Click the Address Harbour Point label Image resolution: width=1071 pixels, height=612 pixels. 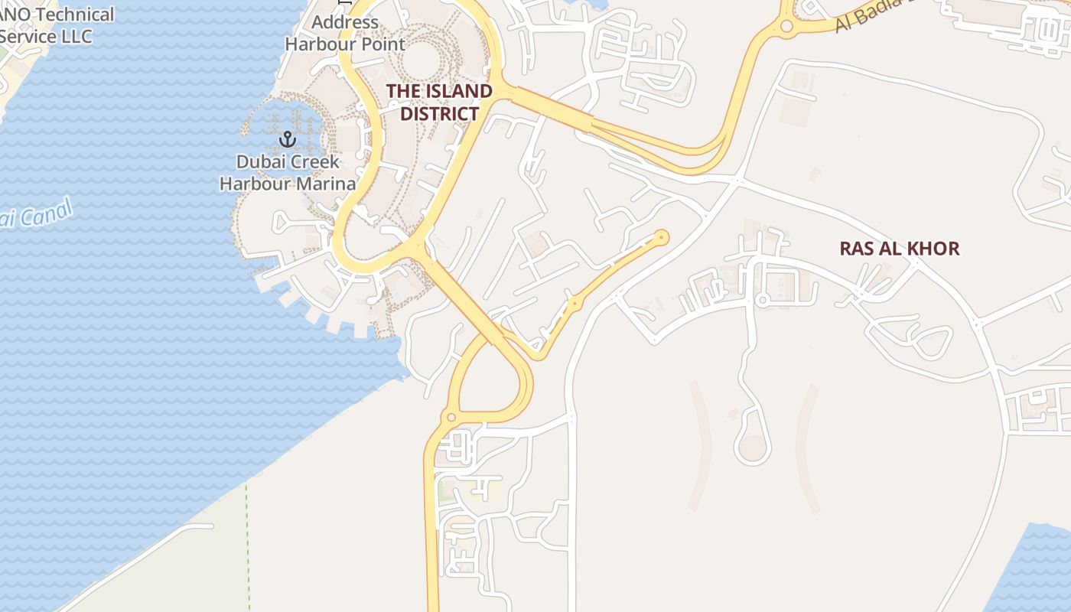click(x=344, y=33)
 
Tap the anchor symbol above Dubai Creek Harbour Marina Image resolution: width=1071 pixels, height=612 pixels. click(x=288, y=139)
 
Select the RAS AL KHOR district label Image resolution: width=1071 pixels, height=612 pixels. click(x=899, y=249)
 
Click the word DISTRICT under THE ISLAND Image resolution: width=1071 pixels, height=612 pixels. click(x=440, y=114)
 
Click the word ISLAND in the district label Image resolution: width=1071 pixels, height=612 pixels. click(x=457, y=91)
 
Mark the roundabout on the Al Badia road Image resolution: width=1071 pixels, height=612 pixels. click(x=786, y=27)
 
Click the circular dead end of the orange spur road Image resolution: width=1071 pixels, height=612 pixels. click(x=662, y=238)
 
